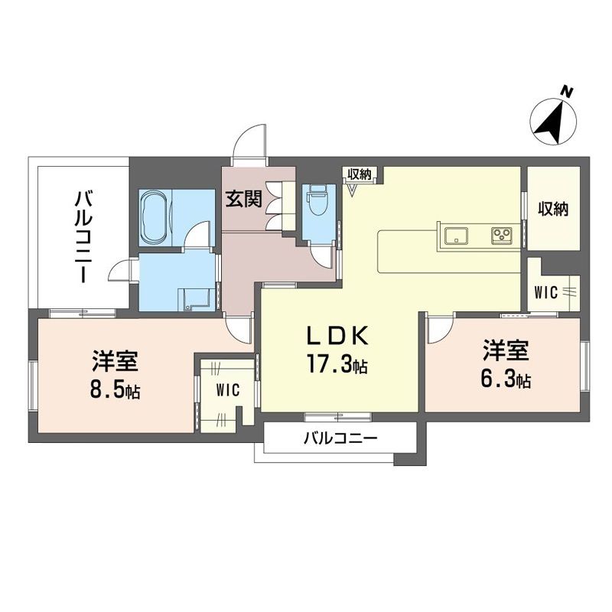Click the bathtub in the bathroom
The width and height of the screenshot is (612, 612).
coord(156,218)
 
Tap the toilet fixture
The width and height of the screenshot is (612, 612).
coord(318,200)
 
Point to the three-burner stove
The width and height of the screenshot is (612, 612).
coord(503,236)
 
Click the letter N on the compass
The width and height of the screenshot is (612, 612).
coord(567,93)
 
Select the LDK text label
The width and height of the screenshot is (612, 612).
coord(337,335)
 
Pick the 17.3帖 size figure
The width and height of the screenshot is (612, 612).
coord(337,365)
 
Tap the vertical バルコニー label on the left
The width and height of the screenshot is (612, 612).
coord(83,237)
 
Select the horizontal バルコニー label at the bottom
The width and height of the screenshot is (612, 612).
coord(340,438)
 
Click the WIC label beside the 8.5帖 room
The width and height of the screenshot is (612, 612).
coord(228,389)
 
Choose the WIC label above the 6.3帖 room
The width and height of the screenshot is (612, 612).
coord(546,293)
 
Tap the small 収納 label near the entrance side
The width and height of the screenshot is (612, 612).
coord(360,175)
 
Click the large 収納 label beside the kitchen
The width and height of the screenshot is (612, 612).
coord(553,210)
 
